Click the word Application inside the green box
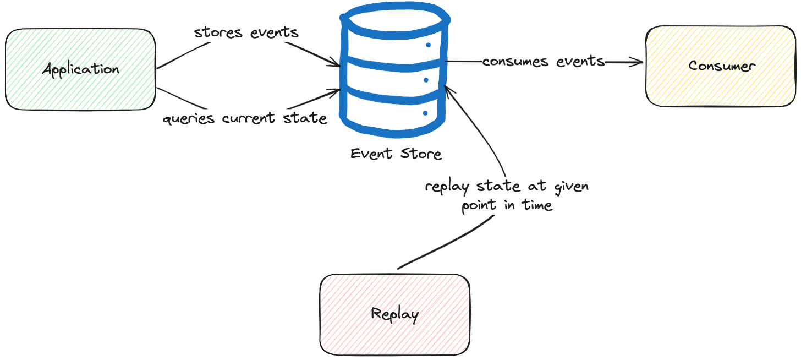pyautogui.click(x=80, y=69)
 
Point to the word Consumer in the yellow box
pyautogui.click(x=721, y=66)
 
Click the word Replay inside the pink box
pyautogui.click(x=395, y=315)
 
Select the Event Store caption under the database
pyautogui.click(x=395, y=154)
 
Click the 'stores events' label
pyautogui.click(x=246, y=32)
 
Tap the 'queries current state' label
pyautogui.click(x=245, y=118)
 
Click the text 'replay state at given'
pyautogui.click(x=506, y=187)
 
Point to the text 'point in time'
pyautogui.click(x=506, y=207)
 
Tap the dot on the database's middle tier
pyautogui.click(x=426, y=80)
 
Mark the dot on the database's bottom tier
pyautogui.click(x=425, y=113)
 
